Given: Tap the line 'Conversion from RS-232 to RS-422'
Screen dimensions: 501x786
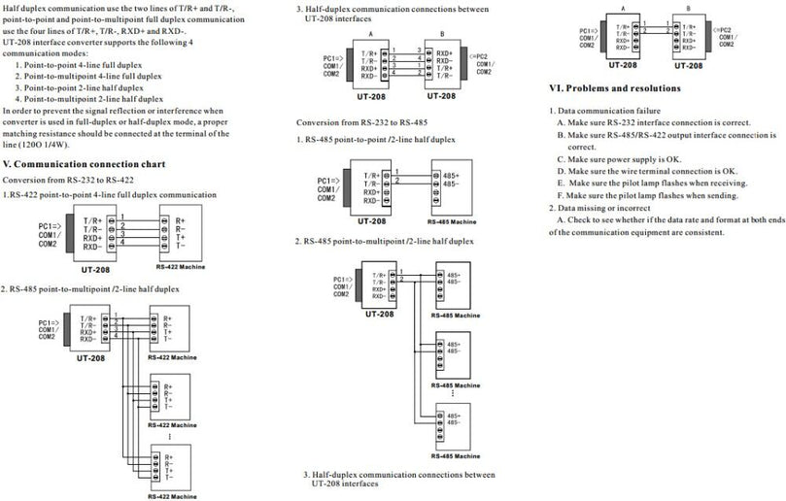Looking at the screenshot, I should click(x=67, y=181).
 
